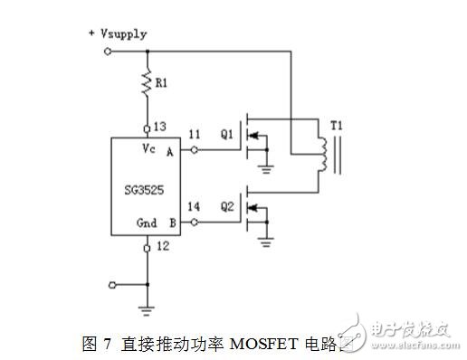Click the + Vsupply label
click(117, 33)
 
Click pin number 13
click(160, 127)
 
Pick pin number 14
click(193, 206)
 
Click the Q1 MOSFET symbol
click(254, 137)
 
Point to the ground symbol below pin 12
click(147, 309)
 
